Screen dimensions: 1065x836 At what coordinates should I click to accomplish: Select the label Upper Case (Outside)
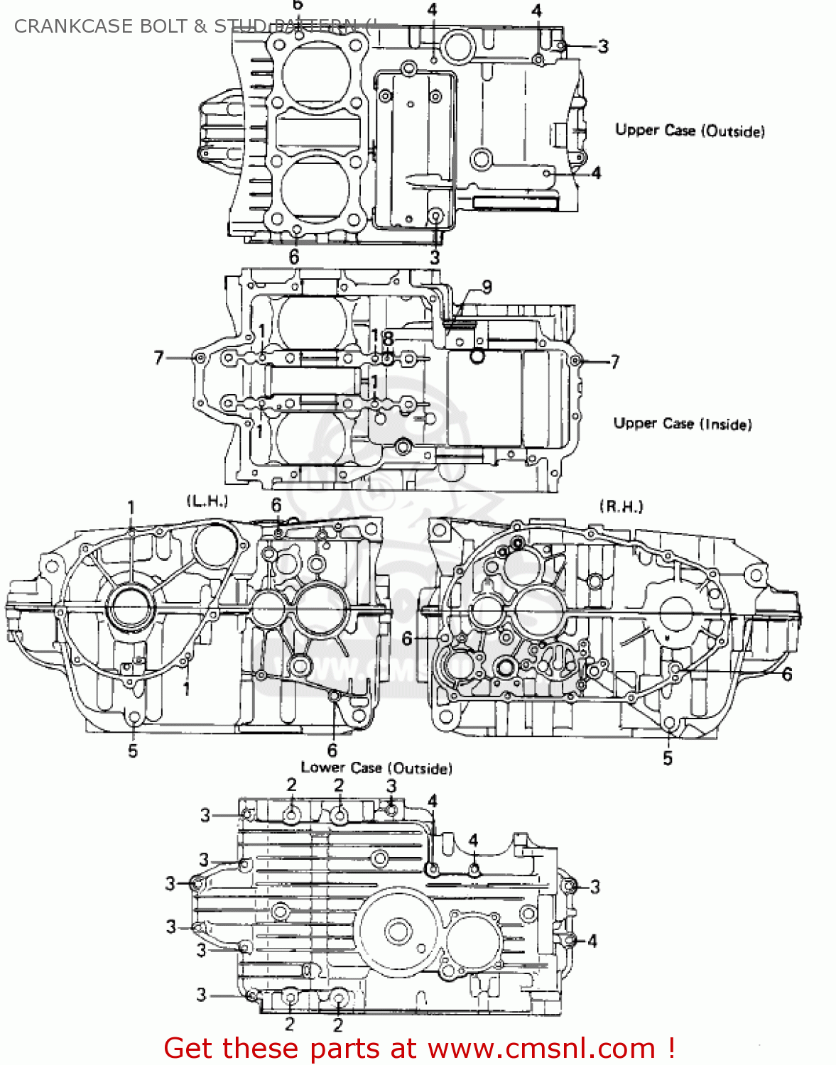click(690, 131)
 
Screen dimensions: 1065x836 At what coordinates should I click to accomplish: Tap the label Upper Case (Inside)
click(682, 424)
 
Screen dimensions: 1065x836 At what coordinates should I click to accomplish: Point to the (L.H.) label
click(207, 501)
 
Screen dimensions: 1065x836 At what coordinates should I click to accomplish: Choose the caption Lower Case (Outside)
click(376, 768)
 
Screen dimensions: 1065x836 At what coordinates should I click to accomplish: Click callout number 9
click(487, 287)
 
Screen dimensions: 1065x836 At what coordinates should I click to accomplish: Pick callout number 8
click(388, 339)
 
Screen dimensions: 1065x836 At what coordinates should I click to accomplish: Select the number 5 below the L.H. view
click(133, 751)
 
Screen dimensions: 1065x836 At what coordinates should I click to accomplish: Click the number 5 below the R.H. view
click(668, 758)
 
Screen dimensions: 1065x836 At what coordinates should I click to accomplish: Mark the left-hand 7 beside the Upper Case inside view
click(159, 358)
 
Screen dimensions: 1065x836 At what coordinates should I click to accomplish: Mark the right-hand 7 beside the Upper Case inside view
click(615, 362)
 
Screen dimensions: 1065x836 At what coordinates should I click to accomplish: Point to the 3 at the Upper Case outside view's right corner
click(603, 47)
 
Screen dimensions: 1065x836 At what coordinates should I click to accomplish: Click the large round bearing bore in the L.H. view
click(130, 608)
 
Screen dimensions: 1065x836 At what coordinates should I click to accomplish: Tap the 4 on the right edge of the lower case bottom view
click(592, 941)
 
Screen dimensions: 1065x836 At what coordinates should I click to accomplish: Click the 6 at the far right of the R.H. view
click(787, 674)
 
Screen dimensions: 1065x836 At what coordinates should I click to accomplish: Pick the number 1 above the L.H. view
click(131, 507)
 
